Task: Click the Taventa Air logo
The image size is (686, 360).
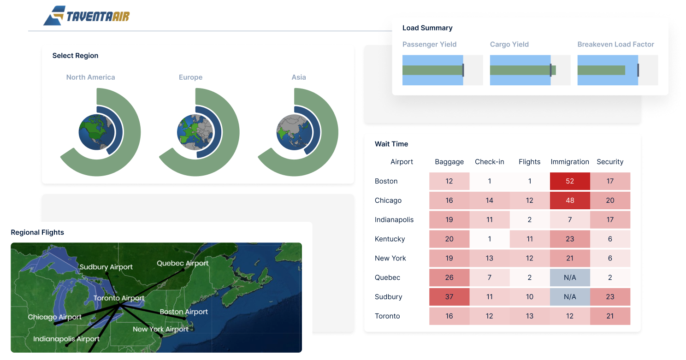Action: tap(86, 16)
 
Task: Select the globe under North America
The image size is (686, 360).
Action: tap(96, 132)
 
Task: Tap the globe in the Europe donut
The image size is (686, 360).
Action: tap(195, 132)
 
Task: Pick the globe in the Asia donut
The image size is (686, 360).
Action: tap(294, 132)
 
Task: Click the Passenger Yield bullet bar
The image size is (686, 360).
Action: tap(443, 70)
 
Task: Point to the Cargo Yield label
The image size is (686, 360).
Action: tap(509, 44)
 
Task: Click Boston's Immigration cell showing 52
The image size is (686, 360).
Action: tap(570, 181)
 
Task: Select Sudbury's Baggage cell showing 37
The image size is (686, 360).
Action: tap(449, 297)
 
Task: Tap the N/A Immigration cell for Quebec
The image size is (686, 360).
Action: tap(570, 277)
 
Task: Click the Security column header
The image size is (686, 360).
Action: tap(610, 162)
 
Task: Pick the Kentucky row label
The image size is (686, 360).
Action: tap(390, 239)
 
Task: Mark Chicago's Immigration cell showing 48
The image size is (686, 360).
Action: tap(570, 201)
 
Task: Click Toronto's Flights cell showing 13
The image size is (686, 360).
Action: tap(529, 316)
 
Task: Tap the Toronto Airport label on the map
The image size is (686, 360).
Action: tap(119, 298)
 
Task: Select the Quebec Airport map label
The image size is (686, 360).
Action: tap(183, 263)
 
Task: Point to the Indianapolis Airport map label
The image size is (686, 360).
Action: tap(66, 339)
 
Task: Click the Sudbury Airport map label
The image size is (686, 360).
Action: tap(106, 267)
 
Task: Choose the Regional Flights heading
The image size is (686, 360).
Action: tap(37, 232)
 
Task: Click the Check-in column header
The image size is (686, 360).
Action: tap(489, 162)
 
